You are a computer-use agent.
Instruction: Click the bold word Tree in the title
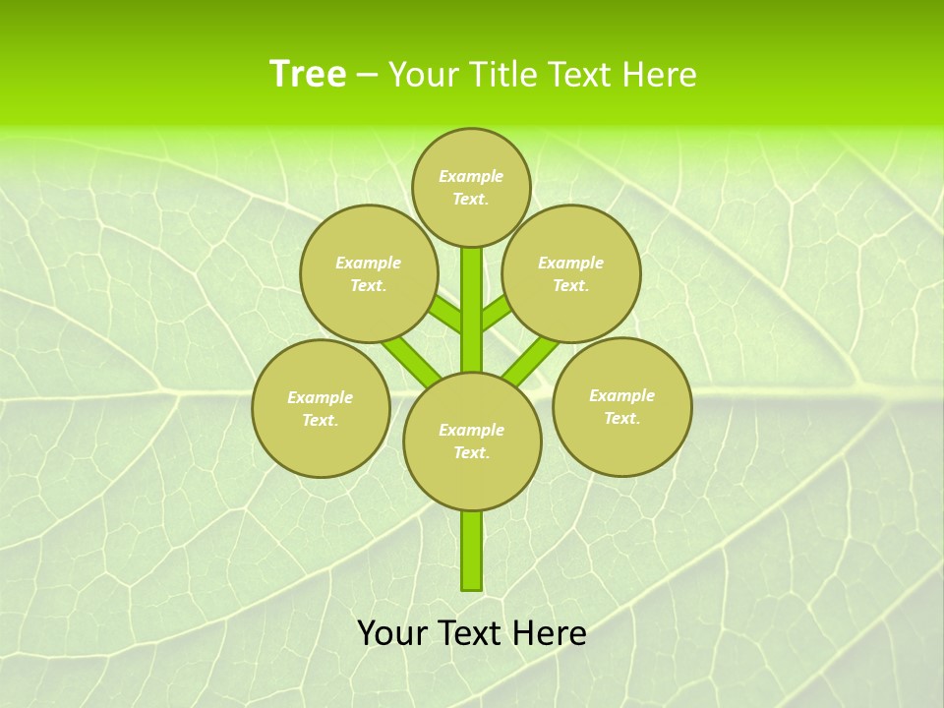(x=308, y=74)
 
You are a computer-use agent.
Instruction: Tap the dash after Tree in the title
(x=368, y=76)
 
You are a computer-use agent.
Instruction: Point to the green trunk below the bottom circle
(x=472, y=551)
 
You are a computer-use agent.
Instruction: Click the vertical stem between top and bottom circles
(x=472, y=310)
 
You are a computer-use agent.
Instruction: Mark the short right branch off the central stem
(x=496, y=314)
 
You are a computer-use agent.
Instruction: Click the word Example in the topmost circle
(x=471, y=176)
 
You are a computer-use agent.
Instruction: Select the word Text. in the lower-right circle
(x=621, y=418)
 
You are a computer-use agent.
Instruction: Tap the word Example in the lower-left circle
(x=320, y=397)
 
